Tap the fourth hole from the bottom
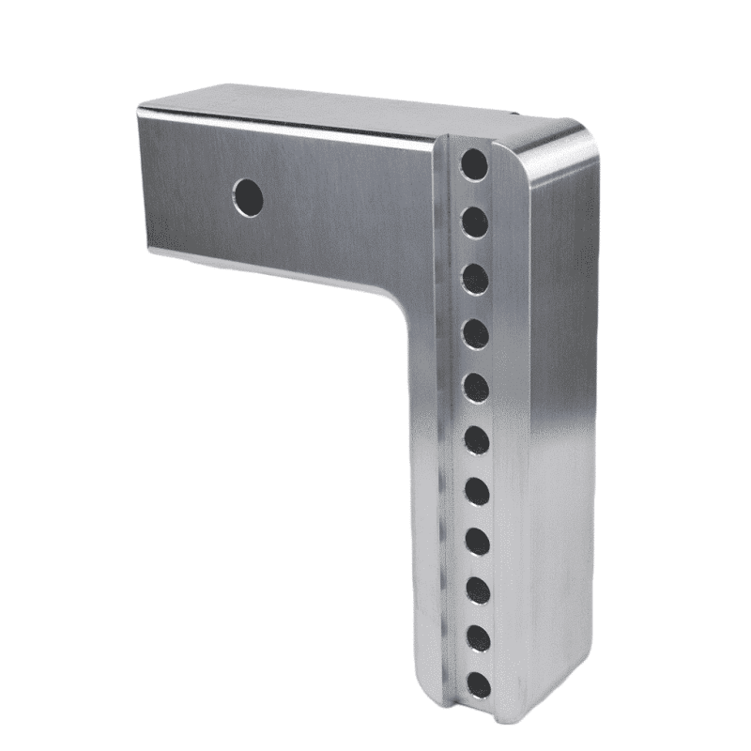pyautogui.click(x=479, y=540)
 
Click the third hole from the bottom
pyautogui.click(x=479, y=590)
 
